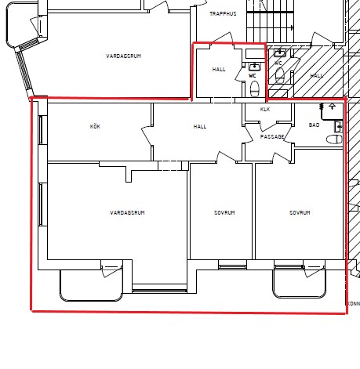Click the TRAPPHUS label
[223, 14]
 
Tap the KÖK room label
[95, 126]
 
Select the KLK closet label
[265, 110]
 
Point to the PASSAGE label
[272, 136]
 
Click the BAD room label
[314, 125]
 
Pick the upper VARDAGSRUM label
[124, 56]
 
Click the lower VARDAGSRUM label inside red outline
[127, 212]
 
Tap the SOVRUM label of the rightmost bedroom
[300, 212]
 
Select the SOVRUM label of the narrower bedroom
[224, 212]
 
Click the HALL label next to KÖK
[200, 127]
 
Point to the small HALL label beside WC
[219, 70]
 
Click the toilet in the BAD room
[334, 139]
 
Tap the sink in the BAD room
[339, 127]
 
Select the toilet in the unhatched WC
[255, 89]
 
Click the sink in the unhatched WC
[254, 67]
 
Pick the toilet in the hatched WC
[280, 75]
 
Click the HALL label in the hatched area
[317, 76]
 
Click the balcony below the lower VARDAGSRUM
[91, 285]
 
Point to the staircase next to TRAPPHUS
[271, 21]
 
